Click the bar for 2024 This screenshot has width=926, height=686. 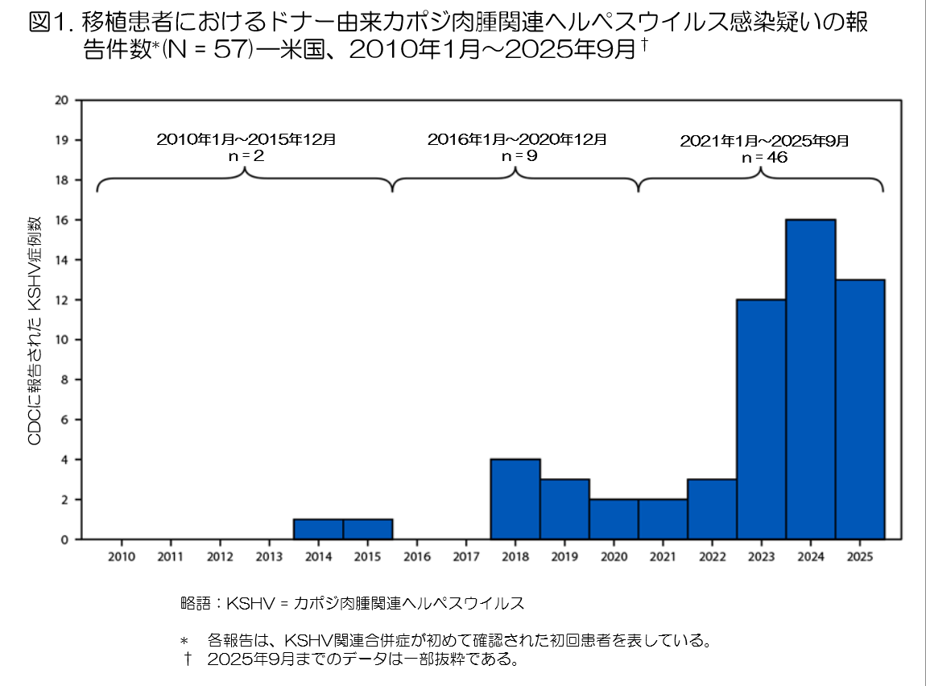coord(810,379)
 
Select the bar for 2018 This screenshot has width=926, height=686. coord(515,499)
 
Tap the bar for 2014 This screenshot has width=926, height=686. coord(319,529)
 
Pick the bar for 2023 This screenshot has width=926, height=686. coord(761,419)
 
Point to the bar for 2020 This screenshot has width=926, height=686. coord(614,519)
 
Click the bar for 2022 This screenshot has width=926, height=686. coord(712,509)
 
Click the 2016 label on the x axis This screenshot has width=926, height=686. coord(416,556)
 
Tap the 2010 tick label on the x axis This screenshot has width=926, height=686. coord(122,556)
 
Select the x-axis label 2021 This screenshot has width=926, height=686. coord(663,556)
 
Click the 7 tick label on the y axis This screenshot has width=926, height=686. coord(64,399)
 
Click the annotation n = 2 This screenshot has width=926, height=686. coord(246,156)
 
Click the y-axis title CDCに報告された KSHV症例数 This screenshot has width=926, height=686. coord(35,330)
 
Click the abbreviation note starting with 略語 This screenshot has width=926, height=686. coord(352,603)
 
